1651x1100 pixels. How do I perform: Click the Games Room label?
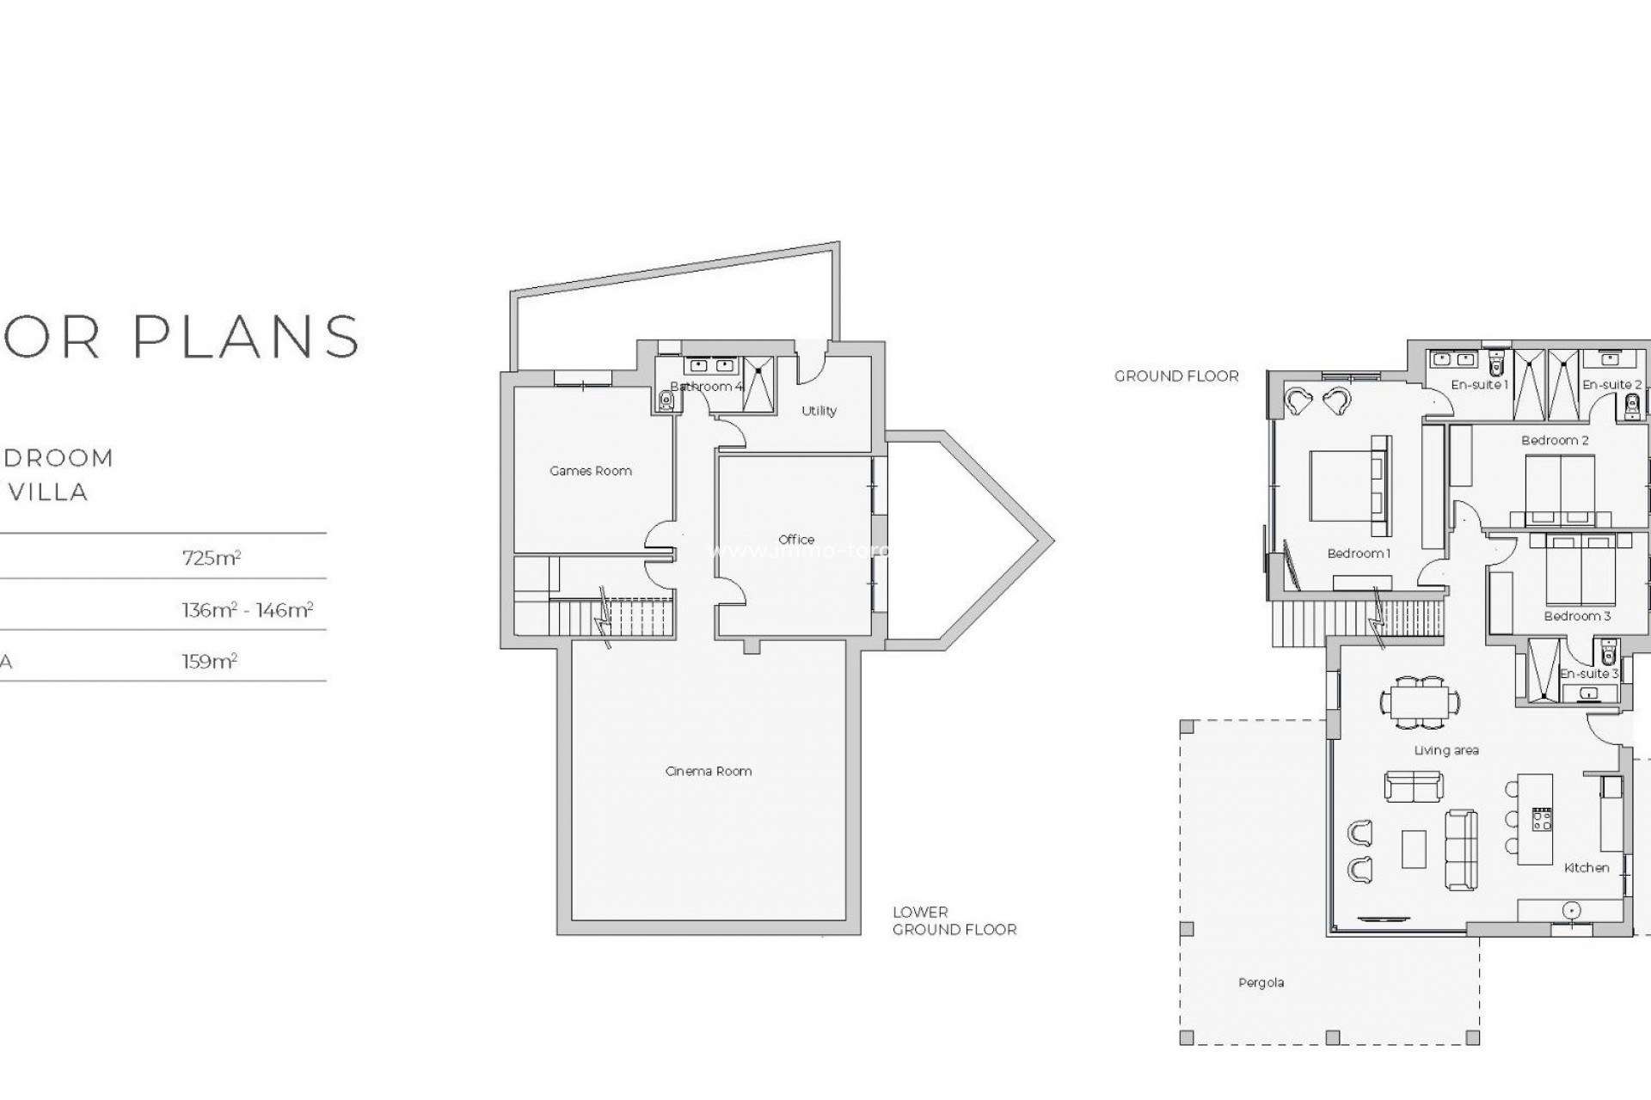[x=591, y=471]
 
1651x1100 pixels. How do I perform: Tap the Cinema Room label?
[x=709, y=771]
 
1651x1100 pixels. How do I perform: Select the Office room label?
[x=796, y=540]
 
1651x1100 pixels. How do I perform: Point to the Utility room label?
[x=819, y=411]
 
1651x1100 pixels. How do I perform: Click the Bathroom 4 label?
[x=706, y=387]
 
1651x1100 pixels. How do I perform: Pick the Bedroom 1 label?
[x=1359, y=553]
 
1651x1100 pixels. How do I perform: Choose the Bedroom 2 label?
[x=1555, y=440]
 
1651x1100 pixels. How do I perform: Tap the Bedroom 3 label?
[x=1577, y=616]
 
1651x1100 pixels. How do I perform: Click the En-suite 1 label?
[x=1479, y=385]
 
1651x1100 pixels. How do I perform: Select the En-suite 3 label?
[x=1589, y=674]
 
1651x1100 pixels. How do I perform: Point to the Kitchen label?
[x=1587, y=868]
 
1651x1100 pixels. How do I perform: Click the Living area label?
[x=1446, y=750]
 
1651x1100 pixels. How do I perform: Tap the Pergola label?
[x=1261, y=982]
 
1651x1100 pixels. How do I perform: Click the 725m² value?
[x=212, y=558]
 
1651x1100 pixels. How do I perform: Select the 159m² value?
[x=210, y=662]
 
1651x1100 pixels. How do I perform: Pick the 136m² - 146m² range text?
[x=248, y=610]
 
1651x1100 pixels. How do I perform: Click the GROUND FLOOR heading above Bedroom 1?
[x=1176, y=376]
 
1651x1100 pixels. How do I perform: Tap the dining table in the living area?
[x=1420, y=701]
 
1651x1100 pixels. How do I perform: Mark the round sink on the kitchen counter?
[x=1571, y=910]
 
